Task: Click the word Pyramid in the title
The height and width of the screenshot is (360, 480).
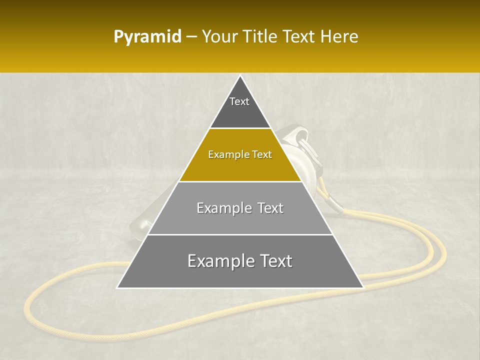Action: click(147, 37)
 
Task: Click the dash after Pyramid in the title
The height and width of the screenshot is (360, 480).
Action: click(191, 37)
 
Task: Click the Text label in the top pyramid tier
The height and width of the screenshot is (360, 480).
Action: click(239, 101)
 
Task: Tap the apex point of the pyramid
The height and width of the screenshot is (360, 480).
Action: click(240, 75)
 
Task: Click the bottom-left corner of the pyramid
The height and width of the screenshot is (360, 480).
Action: click(117, 287)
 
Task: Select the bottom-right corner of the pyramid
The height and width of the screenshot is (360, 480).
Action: click(363, 287)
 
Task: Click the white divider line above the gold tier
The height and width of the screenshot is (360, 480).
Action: click(240, 128)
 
